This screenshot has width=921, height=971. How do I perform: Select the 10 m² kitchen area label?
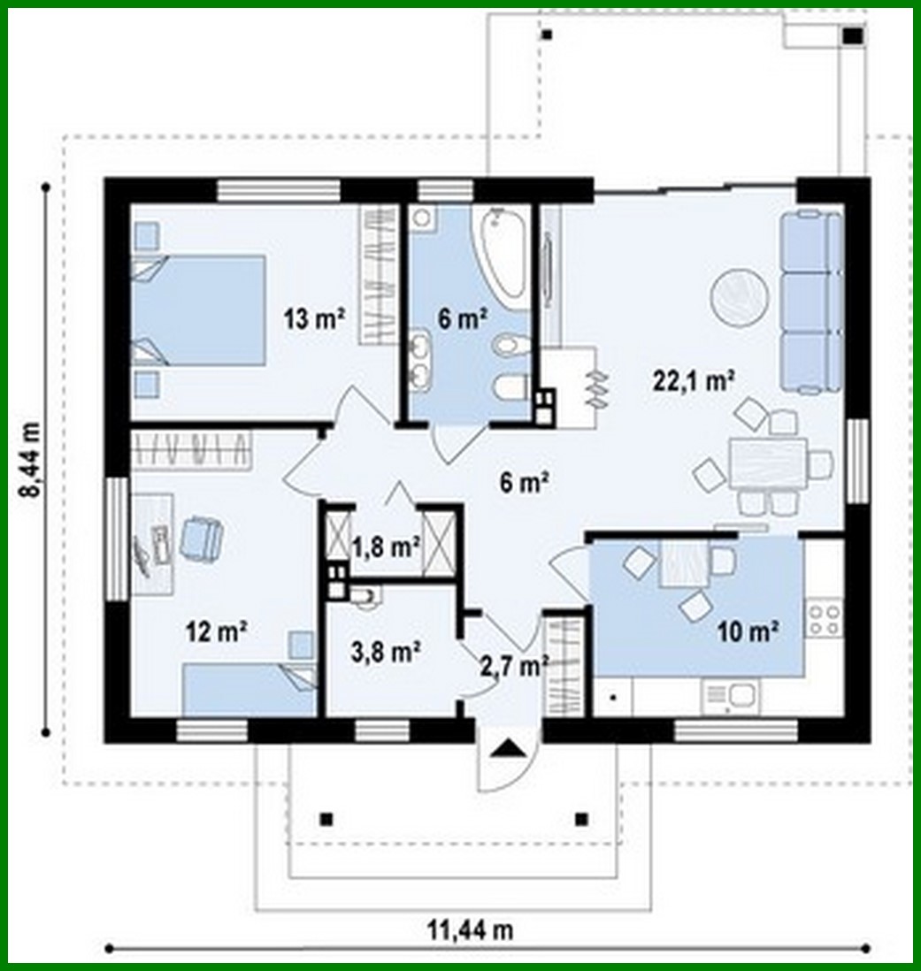(748, 631)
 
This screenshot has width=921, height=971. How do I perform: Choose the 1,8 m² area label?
(388, 547)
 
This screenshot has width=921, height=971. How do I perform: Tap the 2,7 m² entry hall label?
(512, 663)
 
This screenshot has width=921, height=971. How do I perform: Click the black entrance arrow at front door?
(508, 749)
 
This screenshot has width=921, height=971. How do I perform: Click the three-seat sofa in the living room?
(810, 301)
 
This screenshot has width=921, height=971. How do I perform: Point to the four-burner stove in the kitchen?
(824, 618)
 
